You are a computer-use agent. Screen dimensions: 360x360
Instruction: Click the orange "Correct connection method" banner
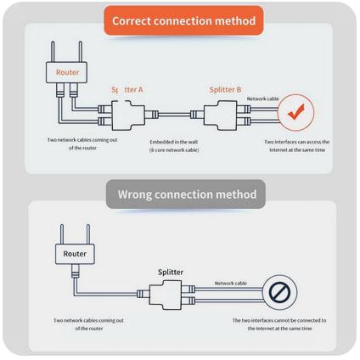pos(183,20)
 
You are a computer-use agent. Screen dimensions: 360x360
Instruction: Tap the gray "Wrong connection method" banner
pos(186,194)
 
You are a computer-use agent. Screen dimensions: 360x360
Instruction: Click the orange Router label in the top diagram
pos(67,72)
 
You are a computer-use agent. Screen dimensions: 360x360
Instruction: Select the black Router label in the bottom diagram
pos(75,254)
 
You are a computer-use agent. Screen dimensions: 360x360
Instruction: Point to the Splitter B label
pos(225,89)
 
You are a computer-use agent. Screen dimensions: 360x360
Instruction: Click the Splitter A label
pos(127,90)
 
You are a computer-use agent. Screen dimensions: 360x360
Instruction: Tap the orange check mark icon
pos(295,112)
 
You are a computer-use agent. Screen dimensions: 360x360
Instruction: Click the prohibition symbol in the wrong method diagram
pos(279,292)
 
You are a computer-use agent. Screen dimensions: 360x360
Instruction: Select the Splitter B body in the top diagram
pos(221,115)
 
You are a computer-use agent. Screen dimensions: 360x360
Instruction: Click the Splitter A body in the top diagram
pos(128,115)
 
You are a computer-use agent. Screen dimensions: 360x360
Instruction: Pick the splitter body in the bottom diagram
pos(166,295)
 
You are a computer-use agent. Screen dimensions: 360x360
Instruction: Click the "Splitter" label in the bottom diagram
pos(171,273)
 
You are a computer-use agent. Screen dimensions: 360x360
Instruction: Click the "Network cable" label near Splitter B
pos(263,98)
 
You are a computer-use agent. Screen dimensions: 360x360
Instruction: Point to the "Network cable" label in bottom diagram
pos(231,283)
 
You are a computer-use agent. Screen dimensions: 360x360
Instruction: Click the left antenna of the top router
pos(53,52)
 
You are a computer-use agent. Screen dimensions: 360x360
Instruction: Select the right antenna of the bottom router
pos(88,234)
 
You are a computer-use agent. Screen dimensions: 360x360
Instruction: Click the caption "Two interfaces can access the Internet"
pos(297,146)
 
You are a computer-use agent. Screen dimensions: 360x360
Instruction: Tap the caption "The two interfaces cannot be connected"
pos(279,324)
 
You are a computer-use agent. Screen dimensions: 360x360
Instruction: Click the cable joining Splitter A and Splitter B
pos(174,115)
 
